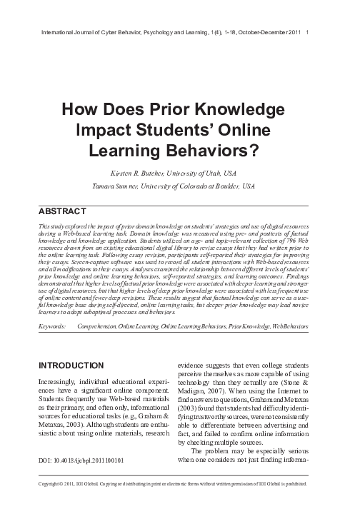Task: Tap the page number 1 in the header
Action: (307, 32)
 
